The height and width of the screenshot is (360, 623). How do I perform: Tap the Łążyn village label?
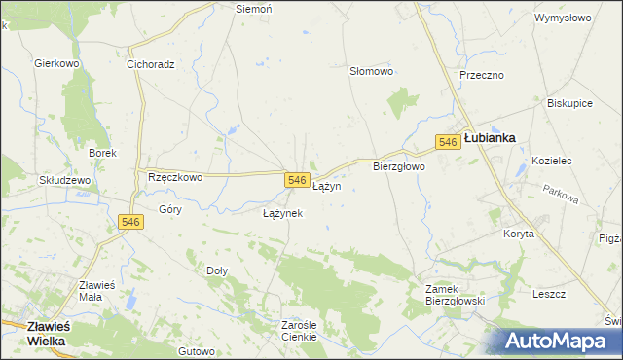(326, 186)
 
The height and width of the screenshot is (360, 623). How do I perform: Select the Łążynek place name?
(282, 212)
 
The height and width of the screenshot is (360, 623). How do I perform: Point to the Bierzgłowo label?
(399, 166)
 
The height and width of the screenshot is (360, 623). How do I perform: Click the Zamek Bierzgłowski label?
(455, 294)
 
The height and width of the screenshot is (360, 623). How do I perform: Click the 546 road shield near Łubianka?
(448, 142)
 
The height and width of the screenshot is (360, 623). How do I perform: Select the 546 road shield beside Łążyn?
(298, 181)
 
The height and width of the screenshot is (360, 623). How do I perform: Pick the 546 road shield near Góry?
(131, 222)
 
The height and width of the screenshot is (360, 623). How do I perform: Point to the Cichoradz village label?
(150, 65)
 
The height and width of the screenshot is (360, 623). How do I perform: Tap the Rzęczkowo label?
(174, 177)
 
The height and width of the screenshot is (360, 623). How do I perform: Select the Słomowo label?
(371, 71)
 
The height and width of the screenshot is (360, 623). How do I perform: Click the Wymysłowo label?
(563, 18)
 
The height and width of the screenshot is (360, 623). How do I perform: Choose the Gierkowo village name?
(55, 63)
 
